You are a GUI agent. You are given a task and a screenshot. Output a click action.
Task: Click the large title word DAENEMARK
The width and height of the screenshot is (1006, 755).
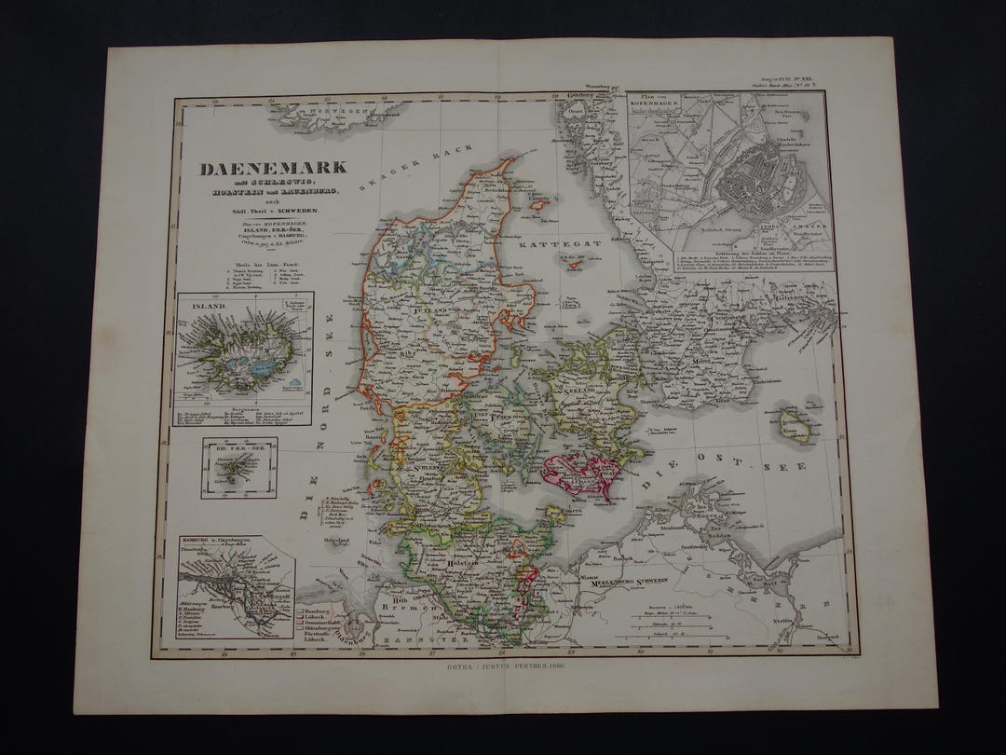pos(271,169)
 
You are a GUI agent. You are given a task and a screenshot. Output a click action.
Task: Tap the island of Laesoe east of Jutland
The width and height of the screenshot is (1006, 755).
pos(538,201)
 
